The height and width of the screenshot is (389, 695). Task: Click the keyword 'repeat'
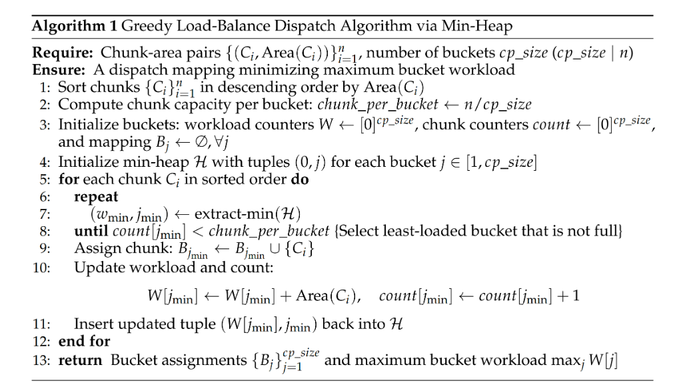click(96, 197)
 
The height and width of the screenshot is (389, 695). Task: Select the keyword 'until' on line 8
click(89, 232)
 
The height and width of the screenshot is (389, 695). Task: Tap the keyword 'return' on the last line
click(81, 361)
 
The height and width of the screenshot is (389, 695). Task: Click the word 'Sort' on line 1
click(71, 87)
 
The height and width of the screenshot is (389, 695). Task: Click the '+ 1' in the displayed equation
click(568, 296)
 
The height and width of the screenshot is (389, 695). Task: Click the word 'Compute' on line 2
click(84, 105)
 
